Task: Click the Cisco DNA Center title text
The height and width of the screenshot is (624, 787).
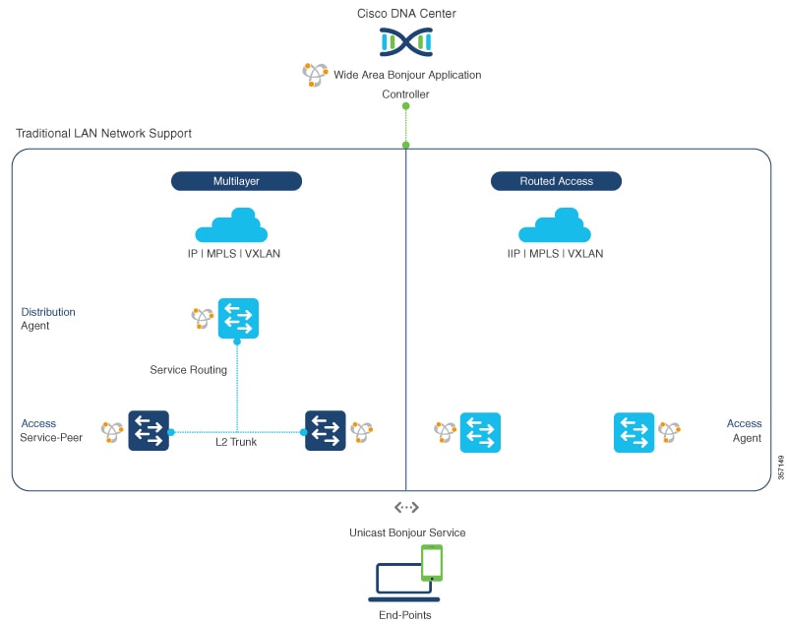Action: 406,14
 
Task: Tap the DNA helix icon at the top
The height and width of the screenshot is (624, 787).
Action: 406,42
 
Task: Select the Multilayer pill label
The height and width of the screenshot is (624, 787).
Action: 236,181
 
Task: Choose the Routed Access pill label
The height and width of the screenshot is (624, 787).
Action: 556,181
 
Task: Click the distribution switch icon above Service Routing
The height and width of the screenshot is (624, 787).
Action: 238,319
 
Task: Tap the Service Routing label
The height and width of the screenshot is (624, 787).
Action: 188,370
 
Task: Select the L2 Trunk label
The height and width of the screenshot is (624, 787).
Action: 236,442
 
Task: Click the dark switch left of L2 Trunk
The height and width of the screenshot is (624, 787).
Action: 149,431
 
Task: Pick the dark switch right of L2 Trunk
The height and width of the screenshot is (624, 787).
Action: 326,431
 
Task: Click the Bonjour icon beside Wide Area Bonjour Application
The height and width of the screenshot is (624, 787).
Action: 315,75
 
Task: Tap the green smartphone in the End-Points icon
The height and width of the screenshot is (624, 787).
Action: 431,563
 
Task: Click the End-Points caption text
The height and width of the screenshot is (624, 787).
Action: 405,615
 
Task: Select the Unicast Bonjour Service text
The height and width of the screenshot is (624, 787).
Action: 407,532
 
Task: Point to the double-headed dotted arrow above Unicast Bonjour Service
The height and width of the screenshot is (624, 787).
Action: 406,508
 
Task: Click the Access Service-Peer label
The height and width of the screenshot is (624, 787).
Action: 51,430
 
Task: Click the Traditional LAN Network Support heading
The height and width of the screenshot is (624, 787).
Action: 103,133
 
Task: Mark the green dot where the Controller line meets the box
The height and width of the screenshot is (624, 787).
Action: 406,145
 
